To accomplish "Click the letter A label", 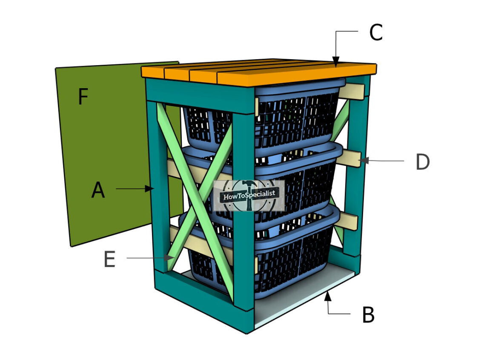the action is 98,190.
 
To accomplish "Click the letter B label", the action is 369,315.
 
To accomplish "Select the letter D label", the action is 423,162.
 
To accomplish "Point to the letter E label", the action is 109,259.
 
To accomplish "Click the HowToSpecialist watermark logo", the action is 249,195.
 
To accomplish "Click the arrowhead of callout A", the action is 150,189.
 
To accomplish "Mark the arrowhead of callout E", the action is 169,258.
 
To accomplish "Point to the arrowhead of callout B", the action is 328,296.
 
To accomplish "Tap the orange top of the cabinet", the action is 259,72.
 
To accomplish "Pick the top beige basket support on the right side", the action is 352,92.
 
